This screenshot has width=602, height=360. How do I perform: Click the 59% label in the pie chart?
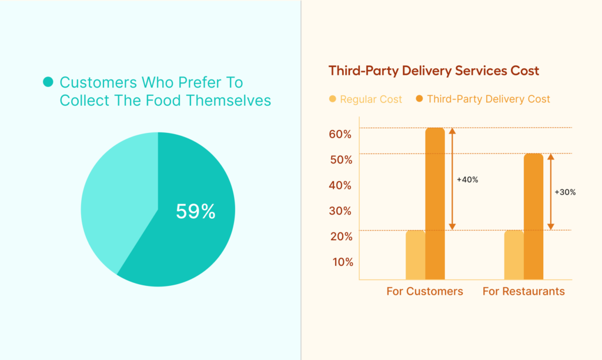point(196,211)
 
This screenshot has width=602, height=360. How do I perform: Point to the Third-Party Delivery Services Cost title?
point(434,71)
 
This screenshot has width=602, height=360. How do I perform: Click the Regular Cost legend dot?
point(333,99)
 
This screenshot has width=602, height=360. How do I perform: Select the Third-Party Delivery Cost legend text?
point(489,99)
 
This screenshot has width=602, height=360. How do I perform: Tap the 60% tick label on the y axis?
point(340,134)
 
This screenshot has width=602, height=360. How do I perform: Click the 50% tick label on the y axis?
point(340,160)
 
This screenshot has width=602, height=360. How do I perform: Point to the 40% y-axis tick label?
point(340,185)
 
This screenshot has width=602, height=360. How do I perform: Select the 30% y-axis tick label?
point(340,211)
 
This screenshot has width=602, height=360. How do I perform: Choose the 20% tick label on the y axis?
point(340,236)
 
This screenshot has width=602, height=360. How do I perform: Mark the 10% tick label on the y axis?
point(340,262)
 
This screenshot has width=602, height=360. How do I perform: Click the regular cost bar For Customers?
point(415,255)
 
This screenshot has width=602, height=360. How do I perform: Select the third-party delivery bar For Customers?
point(435,204)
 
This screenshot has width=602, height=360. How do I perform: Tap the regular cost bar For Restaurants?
point(514,255)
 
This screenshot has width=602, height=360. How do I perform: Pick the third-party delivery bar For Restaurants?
point(533,216)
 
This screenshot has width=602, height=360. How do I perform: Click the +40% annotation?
point(467,179)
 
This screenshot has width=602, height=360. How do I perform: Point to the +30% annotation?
point(565,192)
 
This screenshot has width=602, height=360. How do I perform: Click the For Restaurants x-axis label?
point(523,291)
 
